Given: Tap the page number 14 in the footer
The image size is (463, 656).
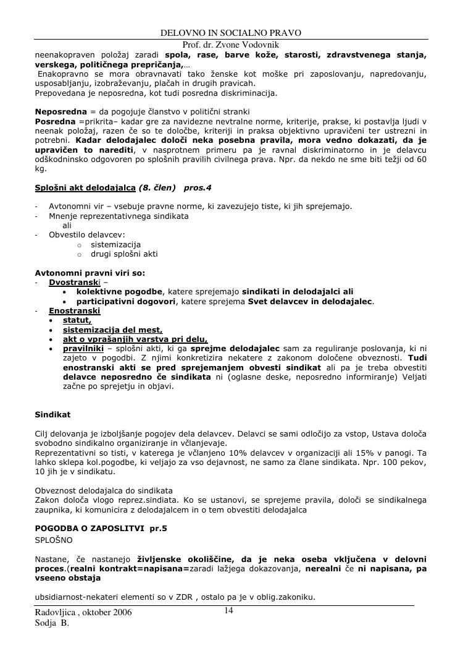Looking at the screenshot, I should (x=228, y=611).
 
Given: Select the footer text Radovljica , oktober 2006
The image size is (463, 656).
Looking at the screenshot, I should (x=83, y=613).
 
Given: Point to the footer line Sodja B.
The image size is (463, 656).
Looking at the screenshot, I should (x=52, y=624).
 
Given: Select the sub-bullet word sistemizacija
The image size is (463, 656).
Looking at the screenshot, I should (x=116, y=244).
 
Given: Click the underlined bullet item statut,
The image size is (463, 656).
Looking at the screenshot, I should (x=77, y=320).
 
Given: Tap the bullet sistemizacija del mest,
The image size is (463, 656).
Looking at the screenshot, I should (x=112, y=330).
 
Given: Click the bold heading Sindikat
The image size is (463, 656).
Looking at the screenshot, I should (x=52, y=415).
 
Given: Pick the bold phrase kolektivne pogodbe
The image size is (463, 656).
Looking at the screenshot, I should (x=119, y=291).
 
